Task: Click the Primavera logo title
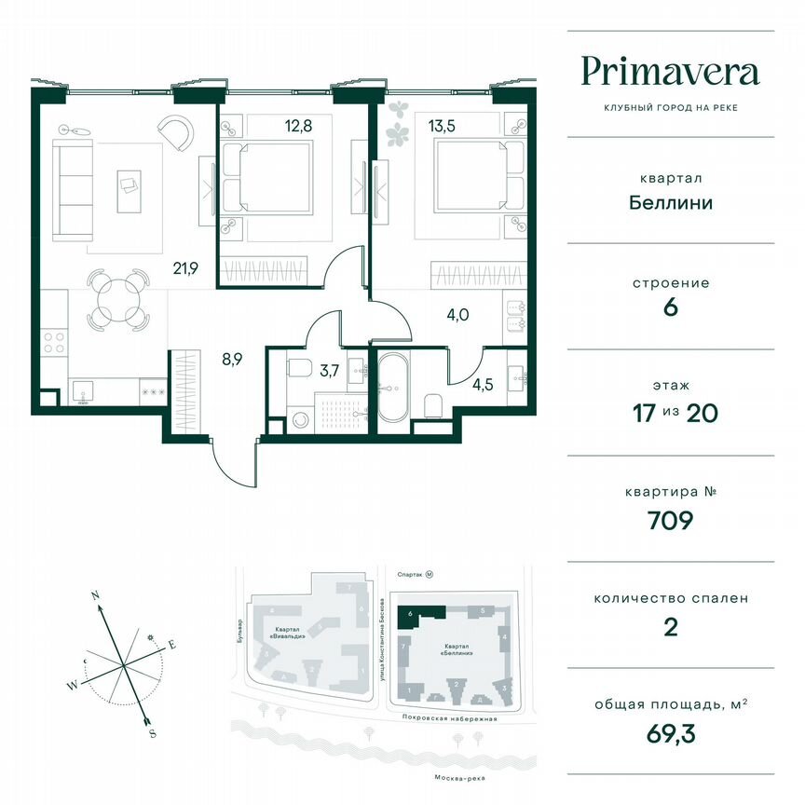(x=670, y=72)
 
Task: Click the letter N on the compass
(x=95, y=594)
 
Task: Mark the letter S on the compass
(x=152, y=733)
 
